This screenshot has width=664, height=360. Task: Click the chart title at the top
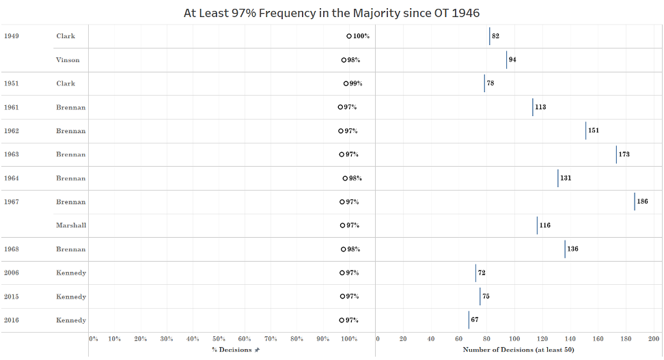(331, 13)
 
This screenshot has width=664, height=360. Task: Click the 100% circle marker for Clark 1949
(349, 36)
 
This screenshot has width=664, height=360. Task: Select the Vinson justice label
(68, 60)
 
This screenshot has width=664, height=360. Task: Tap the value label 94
(512, 60)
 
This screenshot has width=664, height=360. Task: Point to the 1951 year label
(11, 83)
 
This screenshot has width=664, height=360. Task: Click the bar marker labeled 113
(533, 107)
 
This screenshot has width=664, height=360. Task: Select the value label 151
(593, 130)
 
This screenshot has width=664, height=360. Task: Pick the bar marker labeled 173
(616, 154)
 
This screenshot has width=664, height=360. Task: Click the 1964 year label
(11, 178)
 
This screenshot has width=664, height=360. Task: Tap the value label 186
(642, 202)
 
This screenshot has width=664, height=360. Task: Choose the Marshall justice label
(71, 225)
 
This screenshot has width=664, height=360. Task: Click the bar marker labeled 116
(537, 225)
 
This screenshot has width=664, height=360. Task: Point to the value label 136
(572, 249)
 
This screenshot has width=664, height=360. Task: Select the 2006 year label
(11, 273)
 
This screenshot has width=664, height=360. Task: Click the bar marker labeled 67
(469, 320)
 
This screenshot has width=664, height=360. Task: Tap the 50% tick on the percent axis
(219, 339)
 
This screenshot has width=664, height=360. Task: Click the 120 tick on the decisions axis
(542, 339)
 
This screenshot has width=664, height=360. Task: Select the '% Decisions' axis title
(232, 350)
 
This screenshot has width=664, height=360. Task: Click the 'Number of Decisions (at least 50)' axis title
(518, 350)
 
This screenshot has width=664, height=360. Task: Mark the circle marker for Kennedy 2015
(342, 296)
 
